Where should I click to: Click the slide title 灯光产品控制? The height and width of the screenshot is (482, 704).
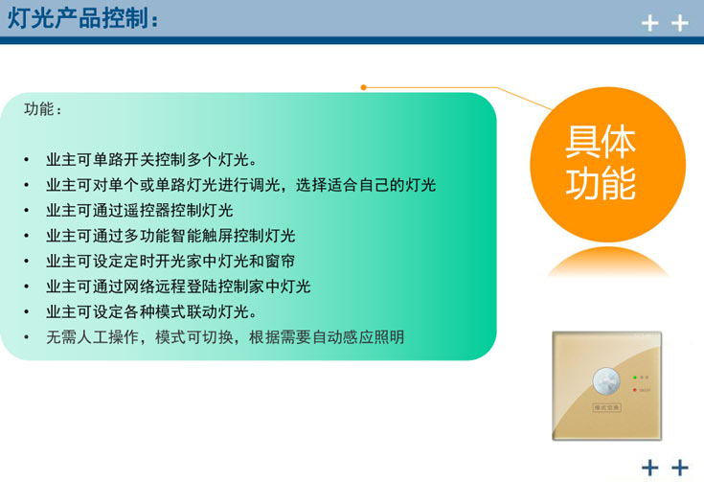81,18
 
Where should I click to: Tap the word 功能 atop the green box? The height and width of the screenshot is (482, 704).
44,109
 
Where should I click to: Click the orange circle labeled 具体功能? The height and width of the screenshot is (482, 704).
601,162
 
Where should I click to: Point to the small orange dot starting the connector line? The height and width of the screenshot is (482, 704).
364,87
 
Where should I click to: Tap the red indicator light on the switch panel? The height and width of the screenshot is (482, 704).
634,390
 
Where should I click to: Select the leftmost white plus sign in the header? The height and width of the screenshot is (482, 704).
650,23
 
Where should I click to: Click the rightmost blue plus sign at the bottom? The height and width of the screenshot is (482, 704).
680,468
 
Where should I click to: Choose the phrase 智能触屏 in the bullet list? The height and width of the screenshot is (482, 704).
198,236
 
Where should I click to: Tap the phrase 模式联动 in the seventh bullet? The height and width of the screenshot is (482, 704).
184,312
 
